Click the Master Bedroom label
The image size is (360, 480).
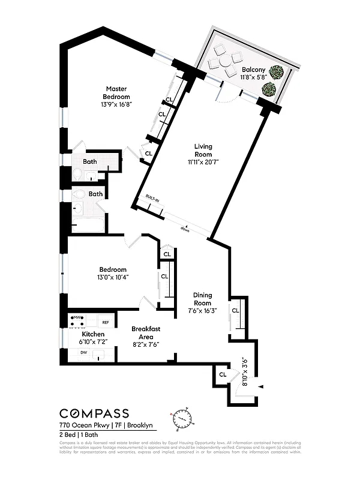coord(116,92)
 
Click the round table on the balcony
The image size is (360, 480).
coord(224,61)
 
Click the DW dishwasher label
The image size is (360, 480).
coord(83,353)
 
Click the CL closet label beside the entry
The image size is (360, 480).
coord(223,374)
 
